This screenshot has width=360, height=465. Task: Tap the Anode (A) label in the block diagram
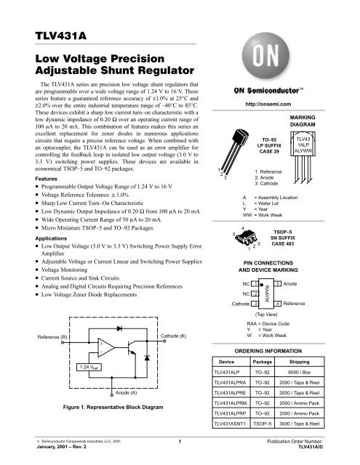125,392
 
